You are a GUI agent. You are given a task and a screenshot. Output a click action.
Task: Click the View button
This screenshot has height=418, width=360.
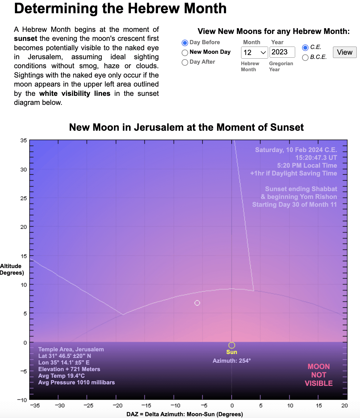coord(344,52)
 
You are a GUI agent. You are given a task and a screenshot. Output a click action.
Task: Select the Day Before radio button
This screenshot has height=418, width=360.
coord(185,43)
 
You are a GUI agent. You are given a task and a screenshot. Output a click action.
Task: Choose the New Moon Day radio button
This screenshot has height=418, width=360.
coord(185,53)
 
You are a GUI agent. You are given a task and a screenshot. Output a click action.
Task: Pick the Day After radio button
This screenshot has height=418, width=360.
coord(185,62)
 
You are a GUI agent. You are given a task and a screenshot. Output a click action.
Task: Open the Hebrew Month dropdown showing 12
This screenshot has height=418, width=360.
coord(254,53)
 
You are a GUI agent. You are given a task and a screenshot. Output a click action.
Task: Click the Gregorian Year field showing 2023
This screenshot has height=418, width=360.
coord(282,52)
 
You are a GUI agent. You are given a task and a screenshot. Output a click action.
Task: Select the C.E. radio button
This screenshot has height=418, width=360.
coord(305,47)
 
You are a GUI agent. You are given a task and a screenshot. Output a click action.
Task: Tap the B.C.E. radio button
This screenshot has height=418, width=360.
coord(305,57)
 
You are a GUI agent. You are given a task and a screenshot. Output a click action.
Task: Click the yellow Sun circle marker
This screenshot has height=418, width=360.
coord(231,345)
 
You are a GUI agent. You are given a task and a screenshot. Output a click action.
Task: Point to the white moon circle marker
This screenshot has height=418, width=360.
coord(197,303)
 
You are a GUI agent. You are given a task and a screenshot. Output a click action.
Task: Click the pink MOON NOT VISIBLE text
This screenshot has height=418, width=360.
coord(319,375)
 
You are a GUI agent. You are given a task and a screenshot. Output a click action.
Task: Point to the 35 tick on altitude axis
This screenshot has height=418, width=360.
coord(23,140)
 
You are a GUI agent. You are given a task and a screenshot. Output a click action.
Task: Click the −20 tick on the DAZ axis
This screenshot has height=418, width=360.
coord(117,405)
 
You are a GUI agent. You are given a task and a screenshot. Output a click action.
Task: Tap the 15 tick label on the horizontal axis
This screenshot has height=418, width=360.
coord(319,405)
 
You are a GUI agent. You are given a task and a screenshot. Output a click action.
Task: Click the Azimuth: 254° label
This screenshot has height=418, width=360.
coord(231,361)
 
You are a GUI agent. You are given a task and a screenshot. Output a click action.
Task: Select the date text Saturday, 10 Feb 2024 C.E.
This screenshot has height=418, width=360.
coord(296,150)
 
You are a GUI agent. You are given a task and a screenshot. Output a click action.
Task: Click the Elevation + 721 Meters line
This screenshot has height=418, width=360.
coord(69,369)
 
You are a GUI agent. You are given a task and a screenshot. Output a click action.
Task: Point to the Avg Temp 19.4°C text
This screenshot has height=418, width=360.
coord(62,376)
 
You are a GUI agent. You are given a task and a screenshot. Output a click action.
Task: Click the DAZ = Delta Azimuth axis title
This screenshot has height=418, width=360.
coord(184,414)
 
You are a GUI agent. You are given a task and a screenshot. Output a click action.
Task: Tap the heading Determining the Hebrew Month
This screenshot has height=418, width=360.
coord(120,8)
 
